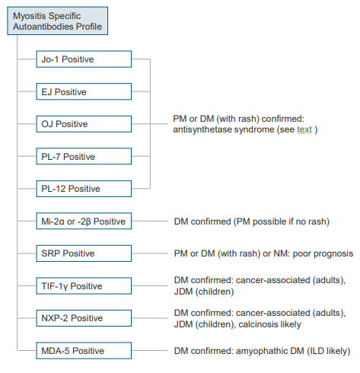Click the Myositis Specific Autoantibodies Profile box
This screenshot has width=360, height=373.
57,21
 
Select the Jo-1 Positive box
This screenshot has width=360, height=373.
84,59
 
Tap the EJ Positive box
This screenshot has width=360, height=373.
84,91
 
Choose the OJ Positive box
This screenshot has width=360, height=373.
84,124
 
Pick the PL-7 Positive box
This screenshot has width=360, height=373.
84,156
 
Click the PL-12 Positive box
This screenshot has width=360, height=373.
84,189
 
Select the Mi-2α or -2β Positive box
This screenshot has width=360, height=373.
84,221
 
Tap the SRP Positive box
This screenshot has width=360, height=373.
84,253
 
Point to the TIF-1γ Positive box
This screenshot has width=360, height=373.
84,286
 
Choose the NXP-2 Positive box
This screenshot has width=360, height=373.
84,318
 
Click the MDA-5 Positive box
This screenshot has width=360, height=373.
84,351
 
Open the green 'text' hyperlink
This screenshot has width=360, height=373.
304,129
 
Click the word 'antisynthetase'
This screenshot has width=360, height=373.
202,129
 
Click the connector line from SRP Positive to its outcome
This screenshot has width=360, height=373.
150,253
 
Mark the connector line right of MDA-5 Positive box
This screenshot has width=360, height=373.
150,351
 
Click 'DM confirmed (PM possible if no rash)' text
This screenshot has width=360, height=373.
252,222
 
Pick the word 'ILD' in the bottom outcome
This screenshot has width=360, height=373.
315,351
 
